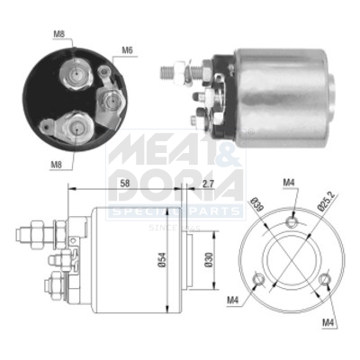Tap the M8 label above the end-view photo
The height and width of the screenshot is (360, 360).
pyautogui.click(x=58, y=35)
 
